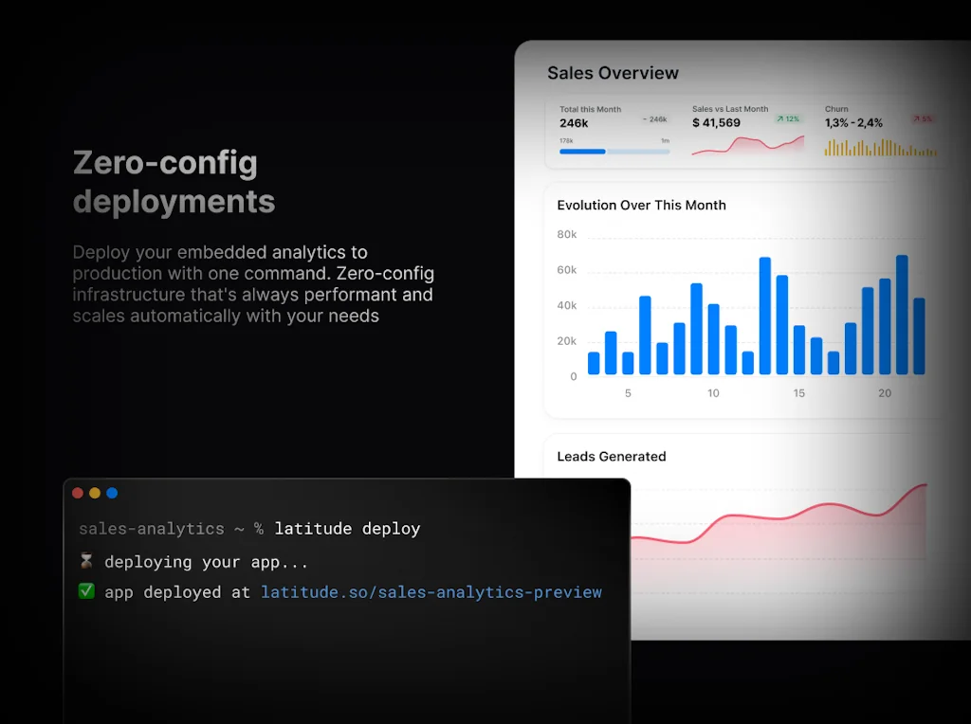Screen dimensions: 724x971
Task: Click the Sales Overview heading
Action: pyautogui.click(x=613, y=73)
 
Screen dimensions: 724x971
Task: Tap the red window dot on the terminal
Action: pyautogui.click(x=78, y=493)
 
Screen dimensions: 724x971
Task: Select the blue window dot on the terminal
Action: pyautogui.click(x=112, y=493)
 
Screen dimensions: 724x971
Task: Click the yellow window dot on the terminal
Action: pyautogui.click(x=95, y=493)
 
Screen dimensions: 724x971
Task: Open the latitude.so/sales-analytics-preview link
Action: pyautogui.click(x=431, y=592)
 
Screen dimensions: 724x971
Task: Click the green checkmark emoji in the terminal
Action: pyautogui.click(x=86, y=591)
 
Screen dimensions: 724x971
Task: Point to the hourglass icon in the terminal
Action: pyautogui.click(x=86, y=562)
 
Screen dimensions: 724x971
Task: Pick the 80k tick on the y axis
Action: pyautogui.click(x=567, y=234)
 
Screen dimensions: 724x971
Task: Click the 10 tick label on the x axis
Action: pyautogui.click(x=713, y=393)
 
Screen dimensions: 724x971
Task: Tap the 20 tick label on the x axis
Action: pyautogui.click(x=885, y=393)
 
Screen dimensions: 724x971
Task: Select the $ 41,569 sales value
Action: pyautogui.click(x=716, y=123)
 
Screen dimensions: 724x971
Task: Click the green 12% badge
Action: pyautogui.click(x=788, y=119)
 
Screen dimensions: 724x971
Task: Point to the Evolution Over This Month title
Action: pyautogui.click(x=641, y=205)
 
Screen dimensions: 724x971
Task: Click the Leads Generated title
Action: pyautogui.click(x=612, y=456)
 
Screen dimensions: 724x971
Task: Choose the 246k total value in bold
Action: pyautogui.click(x=574, y=123)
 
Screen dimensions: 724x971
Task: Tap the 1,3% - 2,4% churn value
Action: pyautogui.click(x=853, y=123)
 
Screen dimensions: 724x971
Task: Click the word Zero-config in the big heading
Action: pyautogui.click(x=165, y=163)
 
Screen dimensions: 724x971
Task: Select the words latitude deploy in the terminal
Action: pyautogui.click(x=347, y=529)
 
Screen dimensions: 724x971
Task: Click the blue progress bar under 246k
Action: pyautogui.click(x=582, y=151)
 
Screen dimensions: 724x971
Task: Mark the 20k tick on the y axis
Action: pyautogui.click(x=567, y=341)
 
